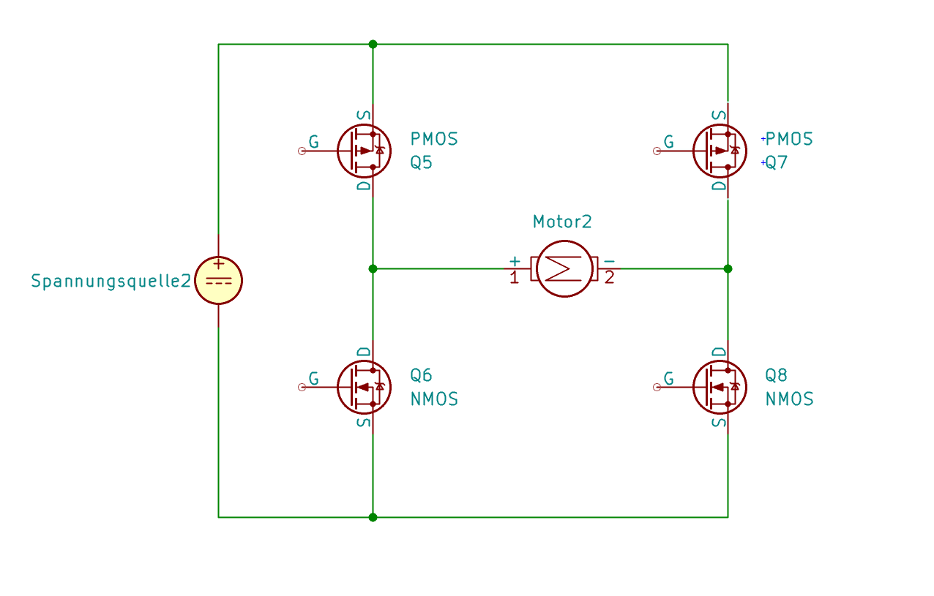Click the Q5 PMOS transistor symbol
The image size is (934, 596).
364,151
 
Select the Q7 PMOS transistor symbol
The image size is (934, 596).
719,151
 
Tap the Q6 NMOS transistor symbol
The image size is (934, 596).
364,387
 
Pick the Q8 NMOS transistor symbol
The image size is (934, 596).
719,387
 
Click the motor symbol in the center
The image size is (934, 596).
564,268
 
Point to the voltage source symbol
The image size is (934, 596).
218,281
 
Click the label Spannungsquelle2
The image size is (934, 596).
111,281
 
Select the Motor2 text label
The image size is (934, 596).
562,222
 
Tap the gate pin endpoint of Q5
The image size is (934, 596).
302,151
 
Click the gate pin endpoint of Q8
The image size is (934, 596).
657,387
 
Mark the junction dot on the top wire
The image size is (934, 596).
373,44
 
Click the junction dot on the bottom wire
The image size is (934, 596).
373,517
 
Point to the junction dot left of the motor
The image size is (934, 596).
373,268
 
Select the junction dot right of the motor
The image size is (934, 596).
728,268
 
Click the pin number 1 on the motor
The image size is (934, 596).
514,279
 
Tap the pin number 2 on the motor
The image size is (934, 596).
609,279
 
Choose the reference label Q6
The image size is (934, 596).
421,376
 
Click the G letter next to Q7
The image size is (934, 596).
668,142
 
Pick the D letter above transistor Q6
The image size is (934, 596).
364,352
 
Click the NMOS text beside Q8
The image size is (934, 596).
789,399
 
